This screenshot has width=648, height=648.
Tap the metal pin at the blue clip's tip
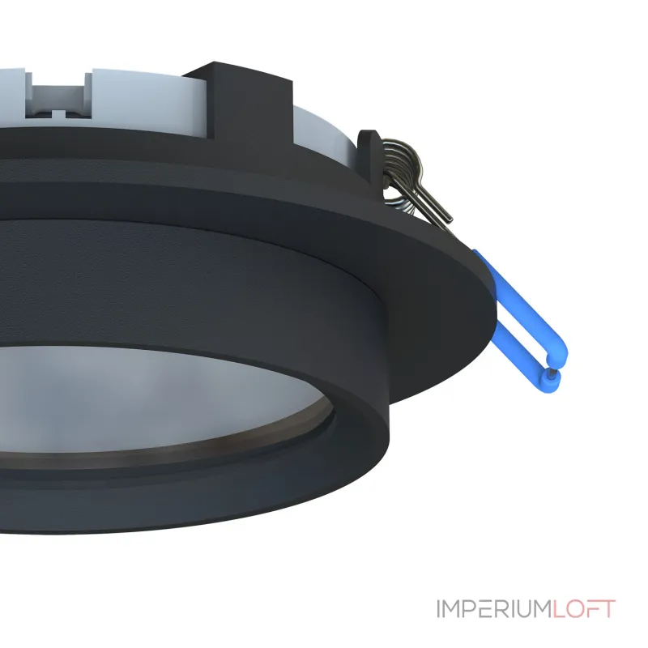click(x=552, y=374)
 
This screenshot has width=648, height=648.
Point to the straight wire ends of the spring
click(x=433, y=202)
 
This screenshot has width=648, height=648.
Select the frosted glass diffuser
click(x=162, y=389)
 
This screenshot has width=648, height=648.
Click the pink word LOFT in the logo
click(x=586, y=609)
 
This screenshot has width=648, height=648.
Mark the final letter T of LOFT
click(x=608, y=609)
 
